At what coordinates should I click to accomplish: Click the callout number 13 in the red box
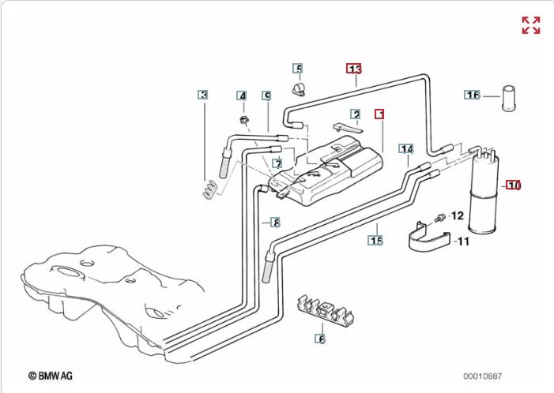354,68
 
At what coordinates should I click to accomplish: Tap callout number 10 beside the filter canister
514,185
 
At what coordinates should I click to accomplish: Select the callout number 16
472,95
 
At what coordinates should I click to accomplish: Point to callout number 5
298,68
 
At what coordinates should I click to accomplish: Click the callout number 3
203,95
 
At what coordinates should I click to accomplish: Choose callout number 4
243,95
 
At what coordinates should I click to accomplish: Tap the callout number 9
267,95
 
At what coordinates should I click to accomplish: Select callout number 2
356,114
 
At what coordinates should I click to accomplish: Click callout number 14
406,148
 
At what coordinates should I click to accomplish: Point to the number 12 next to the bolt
457,215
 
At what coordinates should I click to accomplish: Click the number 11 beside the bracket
463,241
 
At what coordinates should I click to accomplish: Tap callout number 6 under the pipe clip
321,339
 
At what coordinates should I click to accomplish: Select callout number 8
275,222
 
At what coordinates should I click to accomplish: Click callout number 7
277,163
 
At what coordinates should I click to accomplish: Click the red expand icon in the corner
530,24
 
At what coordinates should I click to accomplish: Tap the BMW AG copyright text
50,376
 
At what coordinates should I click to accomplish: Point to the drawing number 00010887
482,376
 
